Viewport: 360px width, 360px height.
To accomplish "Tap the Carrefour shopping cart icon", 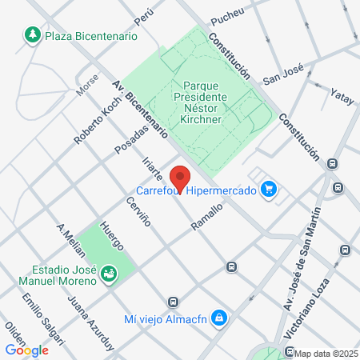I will coord(270,190).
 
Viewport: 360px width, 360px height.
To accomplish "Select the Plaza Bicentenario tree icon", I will coord(33,35).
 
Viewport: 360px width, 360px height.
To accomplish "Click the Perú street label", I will coord(143,15).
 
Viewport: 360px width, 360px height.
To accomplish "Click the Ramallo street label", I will coord(206,217).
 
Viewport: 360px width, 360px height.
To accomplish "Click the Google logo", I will coord(26,350).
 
